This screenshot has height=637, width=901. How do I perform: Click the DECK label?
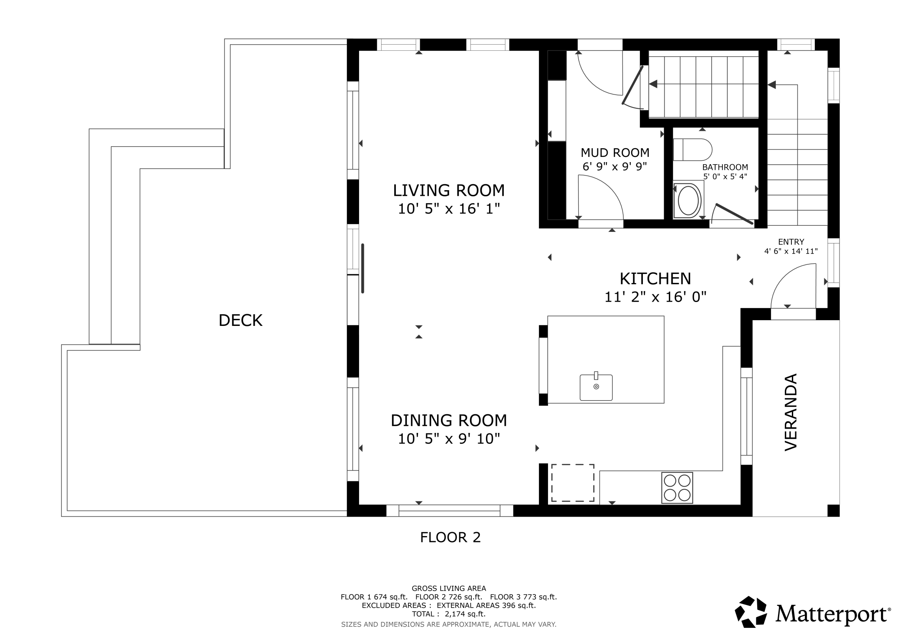tap(240, 320)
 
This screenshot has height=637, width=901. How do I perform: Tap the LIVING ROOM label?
tap(449, 190)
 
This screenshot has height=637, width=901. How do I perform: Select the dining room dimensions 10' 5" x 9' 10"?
tap(449, 439)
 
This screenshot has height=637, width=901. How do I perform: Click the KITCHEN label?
tap(655, 278)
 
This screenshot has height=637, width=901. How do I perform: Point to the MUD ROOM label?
tap(615, 153)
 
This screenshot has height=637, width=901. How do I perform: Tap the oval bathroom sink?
tap(688, 201)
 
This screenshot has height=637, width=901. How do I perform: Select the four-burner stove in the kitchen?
tap(677, 487)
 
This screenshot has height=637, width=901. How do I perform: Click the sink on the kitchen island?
tap(596, 387)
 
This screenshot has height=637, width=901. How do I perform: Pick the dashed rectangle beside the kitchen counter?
tap(572, 483)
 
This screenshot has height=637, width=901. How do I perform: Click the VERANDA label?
tap(791, 412)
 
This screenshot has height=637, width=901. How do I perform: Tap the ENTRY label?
tap(791, 242)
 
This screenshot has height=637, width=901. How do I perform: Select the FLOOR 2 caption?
tap(450, 537)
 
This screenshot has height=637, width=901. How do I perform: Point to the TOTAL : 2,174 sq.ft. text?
tap(448, 614)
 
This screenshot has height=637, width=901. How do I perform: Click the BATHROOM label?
tap(725, 167)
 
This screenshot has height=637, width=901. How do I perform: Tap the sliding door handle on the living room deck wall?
tap(363, 269)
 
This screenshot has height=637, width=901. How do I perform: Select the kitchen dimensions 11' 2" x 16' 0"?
tap(655, 297)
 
